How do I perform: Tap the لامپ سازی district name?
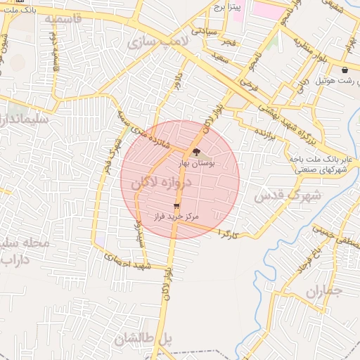(x=159, y=42)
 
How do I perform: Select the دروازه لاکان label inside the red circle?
(x=164, y=182)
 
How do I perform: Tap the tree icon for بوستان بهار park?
(x=195, y=152)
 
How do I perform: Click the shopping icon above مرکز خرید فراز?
(x=176, y=206)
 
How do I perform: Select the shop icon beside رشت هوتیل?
(x=344, y=70)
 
